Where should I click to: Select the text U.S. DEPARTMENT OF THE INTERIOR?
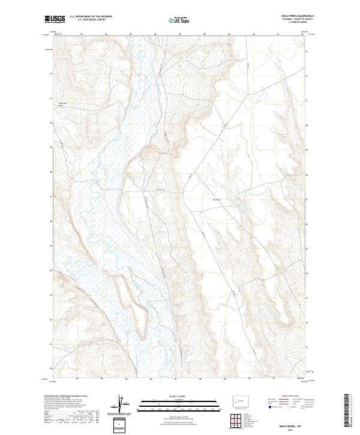tap(91, 17)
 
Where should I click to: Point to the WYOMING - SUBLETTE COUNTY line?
tap(290, 20)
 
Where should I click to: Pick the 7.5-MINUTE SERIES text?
tap(290, 23)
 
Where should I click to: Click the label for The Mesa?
tap(217, 200)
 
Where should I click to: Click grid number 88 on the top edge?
tap(205, 35)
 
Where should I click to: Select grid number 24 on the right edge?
tap(308, 272)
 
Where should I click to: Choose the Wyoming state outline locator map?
tap(232, 400)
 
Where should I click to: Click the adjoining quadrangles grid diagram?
tap(231, 421)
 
